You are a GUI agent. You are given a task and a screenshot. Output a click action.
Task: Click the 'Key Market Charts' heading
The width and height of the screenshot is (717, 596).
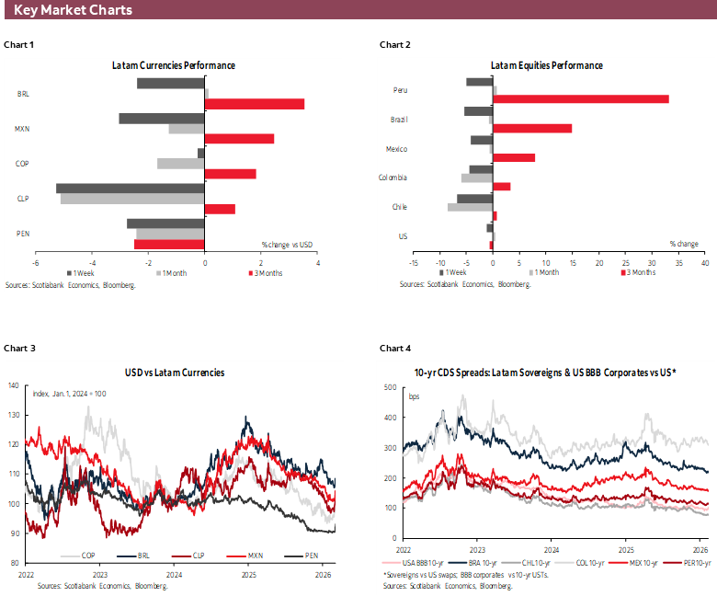click(74, 10)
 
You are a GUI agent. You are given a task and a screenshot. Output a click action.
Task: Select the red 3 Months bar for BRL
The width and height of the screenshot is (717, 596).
click(254, 104)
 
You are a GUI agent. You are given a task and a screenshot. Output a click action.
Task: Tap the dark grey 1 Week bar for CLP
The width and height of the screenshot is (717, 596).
click(130, 189)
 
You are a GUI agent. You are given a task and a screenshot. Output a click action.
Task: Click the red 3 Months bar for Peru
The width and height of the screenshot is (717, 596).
click(581, 98)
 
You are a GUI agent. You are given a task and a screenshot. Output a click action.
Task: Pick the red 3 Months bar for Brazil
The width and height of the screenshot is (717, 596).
click(532, 128)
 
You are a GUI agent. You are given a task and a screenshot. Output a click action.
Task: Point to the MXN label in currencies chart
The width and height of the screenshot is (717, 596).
click(23, 129)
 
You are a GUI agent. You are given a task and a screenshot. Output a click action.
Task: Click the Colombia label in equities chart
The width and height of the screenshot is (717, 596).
click(393, 178)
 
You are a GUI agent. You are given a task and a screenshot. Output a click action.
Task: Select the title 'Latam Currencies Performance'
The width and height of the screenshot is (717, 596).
click(174, 65)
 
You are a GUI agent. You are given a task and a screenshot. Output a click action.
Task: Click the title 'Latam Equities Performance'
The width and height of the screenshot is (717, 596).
click(546, 65)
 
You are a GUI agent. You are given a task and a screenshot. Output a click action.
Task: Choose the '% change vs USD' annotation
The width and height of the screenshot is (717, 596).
click(288, 244)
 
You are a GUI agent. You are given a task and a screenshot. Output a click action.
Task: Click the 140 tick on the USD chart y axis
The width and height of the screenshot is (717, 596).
click(13, 384)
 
